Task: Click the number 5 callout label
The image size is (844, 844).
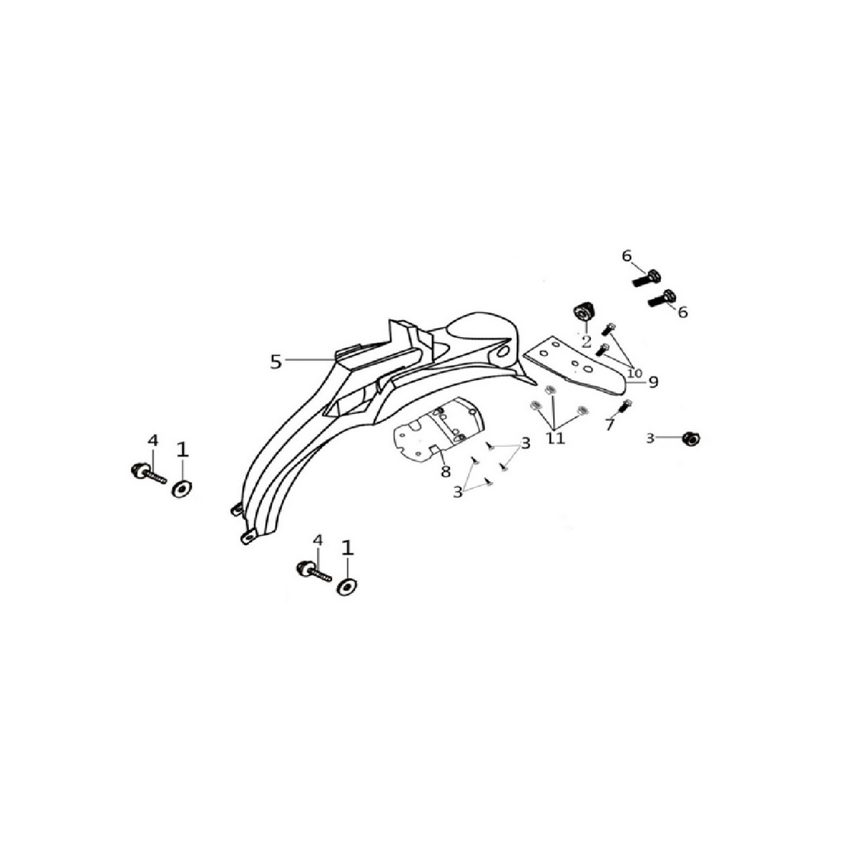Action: click(275, 362)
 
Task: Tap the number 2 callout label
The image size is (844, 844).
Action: click(586, 340)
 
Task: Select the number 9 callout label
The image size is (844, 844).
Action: click(653, 382)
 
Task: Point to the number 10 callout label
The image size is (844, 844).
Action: click(635, 373)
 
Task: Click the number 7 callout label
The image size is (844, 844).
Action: click(609, 424)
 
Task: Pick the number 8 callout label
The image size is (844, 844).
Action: click(445, 472)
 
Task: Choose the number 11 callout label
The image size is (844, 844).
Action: click(556, 438)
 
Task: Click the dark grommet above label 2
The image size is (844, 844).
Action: click(583, 312)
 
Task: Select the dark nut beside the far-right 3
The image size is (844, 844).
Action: click(690, 438)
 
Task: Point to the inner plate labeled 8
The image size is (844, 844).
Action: click(438, 429)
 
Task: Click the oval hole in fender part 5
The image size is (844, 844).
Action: click(503, 351)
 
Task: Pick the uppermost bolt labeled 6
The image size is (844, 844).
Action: click(646, 277)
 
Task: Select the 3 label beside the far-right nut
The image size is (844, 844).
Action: click(650, 438)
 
